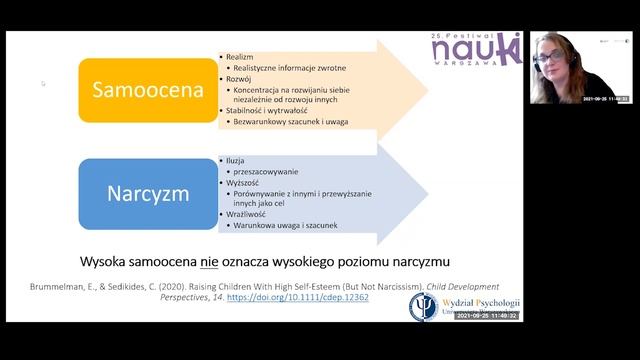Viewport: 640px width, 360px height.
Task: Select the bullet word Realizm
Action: click(x=240, y=59)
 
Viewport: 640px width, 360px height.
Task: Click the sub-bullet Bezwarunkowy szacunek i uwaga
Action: click(x=298, y=121)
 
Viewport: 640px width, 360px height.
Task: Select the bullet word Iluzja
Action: click(x=237, y=159)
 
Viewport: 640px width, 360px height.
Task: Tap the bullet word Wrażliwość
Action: click(x=245, y=213)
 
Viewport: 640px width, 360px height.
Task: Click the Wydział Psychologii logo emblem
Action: click(x=424, y=306)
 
